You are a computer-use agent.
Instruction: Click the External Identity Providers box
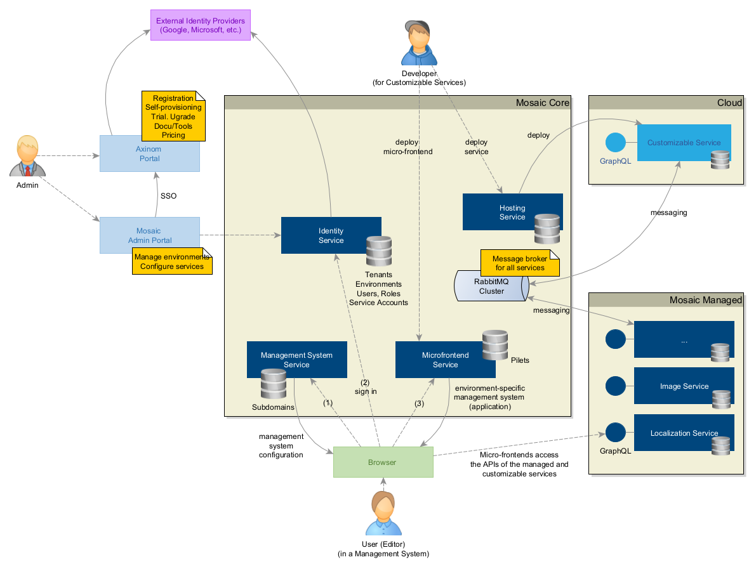click(200, 25)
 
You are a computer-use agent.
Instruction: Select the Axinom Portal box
click(149, 154)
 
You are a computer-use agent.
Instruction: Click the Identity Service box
click(331, 235)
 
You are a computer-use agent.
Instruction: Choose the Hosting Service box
click(512, 212)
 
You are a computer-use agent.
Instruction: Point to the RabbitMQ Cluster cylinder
click(490, 287)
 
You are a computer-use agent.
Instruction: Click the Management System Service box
click(296, 360)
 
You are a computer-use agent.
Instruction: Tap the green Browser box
click(383, 462)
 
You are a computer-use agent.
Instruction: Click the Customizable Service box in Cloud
click(684, 143)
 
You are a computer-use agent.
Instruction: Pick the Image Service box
click(684, 386)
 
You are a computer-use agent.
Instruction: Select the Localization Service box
click(684, 433)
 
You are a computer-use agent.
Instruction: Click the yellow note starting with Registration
click(173, 116)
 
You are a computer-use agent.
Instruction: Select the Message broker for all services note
click(520, 263)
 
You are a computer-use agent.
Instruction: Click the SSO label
click(168, 196)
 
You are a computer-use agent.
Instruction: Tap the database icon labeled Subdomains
click(274, 384)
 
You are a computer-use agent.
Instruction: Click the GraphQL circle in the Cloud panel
click(615, 143)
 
